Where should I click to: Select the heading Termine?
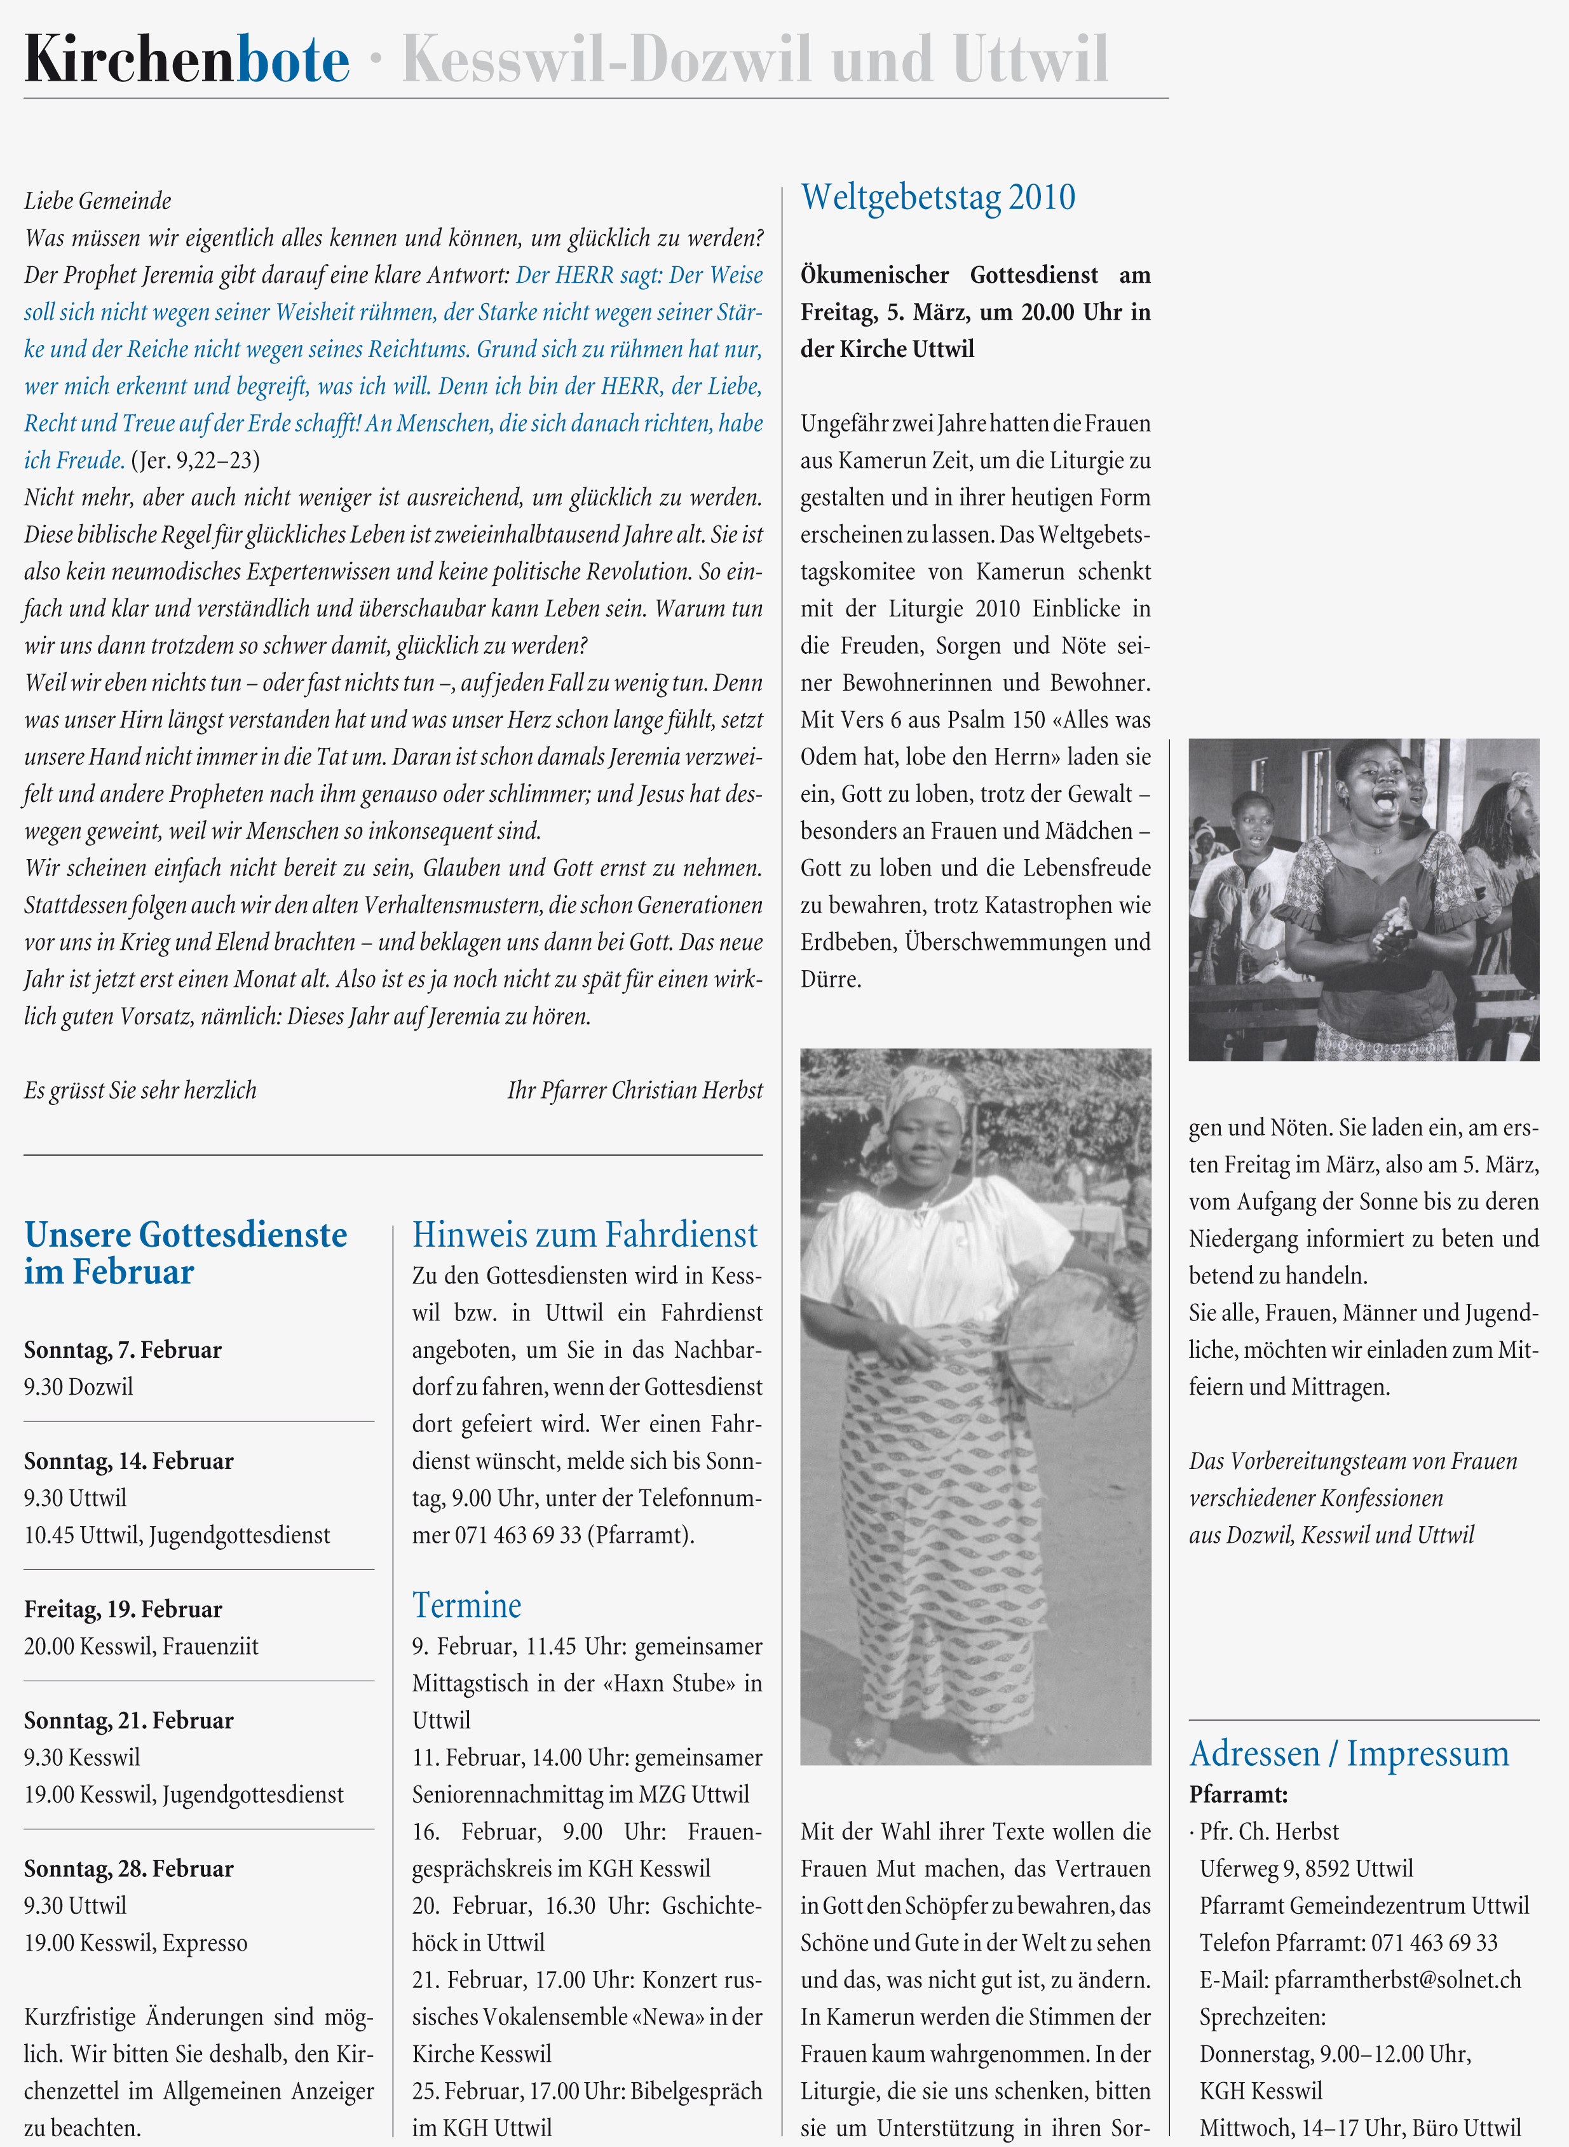(x=466, y=1605)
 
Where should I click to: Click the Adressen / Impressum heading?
(x=1348, y=1753)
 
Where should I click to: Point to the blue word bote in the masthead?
(x=292, y=60)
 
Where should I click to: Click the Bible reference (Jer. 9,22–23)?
(x=194, y=461)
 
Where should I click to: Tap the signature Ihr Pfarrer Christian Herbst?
(x=634, y=1090)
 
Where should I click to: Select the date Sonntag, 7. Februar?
(x=123, y=1350)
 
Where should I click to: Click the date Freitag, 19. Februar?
(x=123, y=1609)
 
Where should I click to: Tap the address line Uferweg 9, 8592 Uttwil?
(x=1306, y=1869)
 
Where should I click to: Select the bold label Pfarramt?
(x=1237, y=1795)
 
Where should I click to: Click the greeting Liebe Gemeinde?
(x=98, y=201)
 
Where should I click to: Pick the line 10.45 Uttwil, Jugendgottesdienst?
(x=177, y=1536)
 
